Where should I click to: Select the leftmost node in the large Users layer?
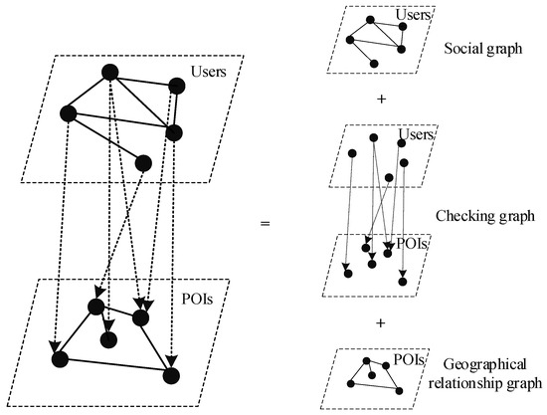tap(67, 113)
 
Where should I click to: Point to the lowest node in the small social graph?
tap(375, 63)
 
